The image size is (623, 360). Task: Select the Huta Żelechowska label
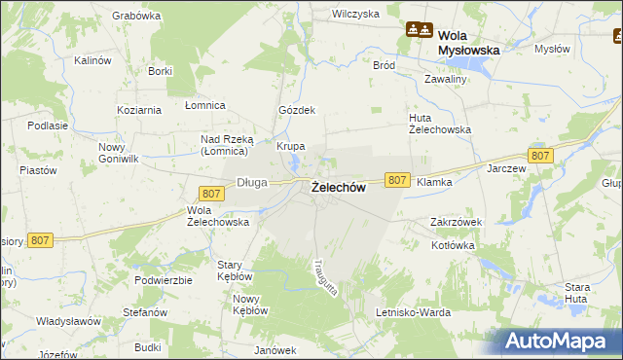coord(439,124)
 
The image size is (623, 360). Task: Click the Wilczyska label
coord(355,14)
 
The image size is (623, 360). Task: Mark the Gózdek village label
coord(297,110)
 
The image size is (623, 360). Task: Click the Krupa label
coord(291,146)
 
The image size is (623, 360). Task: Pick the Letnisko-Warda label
coord(414,312)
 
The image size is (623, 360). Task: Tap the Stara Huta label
coord(577,293)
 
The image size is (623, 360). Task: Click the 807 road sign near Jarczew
coord(541,156)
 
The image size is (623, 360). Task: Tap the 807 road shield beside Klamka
coord(396,180)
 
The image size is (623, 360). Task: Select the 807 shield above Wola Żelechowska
coord(211,194)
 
